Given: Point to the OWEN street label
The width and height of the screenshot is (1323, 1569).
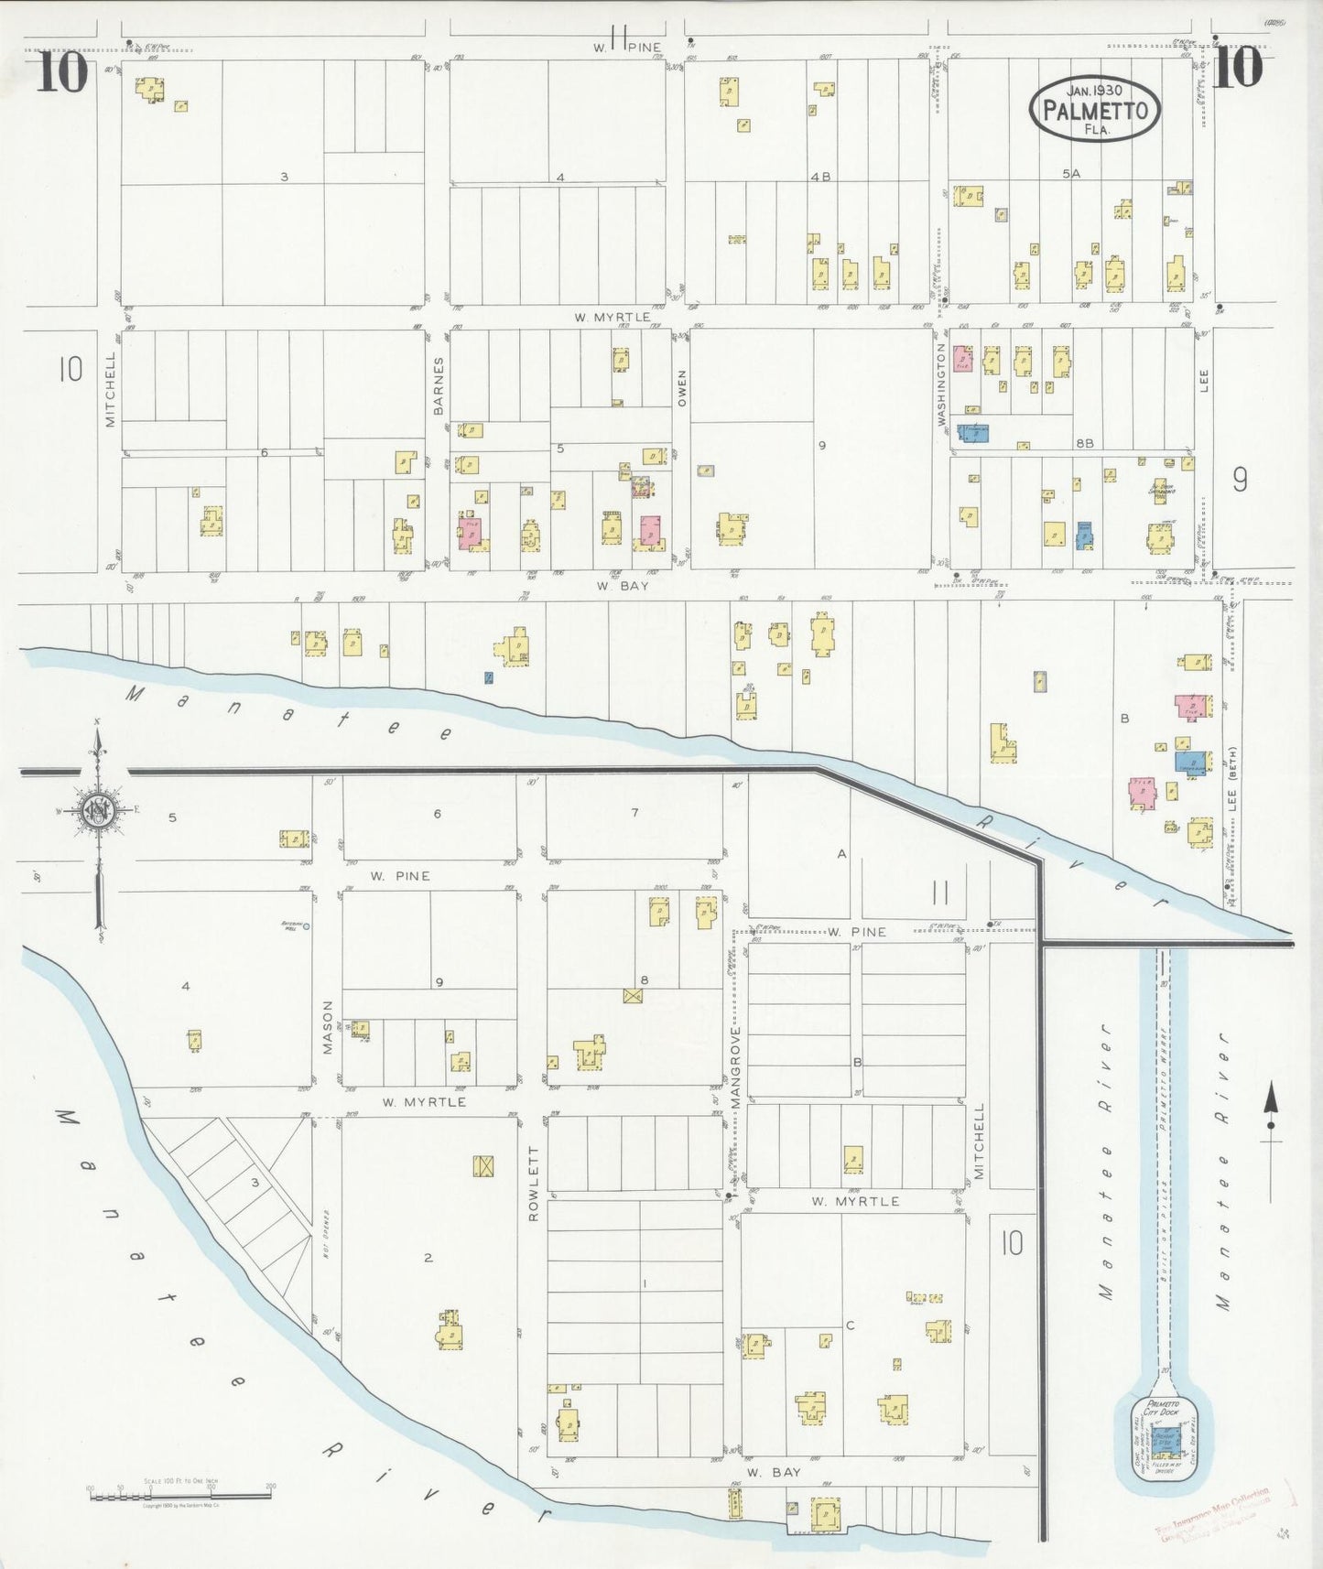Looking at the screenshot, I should coord(681,388).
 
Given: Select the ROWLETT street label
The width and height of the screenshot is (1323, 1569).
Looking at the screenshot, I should coord(534,1183).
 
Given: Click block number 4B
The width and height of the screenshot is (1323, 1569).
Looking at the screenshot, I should coord(819,177).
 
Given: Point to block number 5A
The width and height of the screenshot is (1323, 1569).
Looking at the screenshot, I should coord(1071,173).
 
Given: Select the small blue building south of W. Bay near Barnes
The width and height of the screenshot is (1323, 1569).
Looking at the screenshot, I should coord(489,678).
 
